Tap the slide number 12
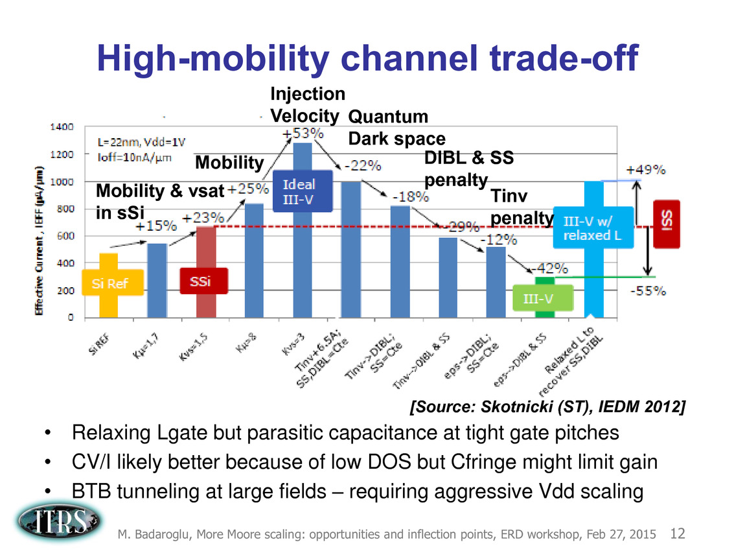pos(678,534)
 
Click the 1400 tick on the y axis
pos(62,127)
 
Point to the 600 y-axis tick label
pos(65,236)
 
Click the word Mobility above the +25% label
pos(229,161)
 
